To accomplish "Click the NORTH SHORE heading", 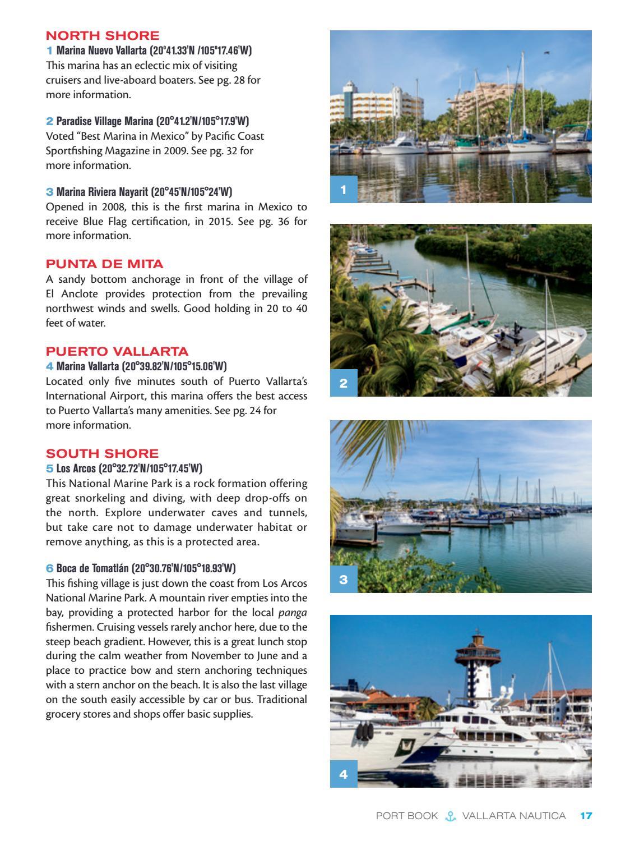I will coord(102,36).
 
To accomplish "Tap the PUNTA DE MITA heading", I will coord(104,264).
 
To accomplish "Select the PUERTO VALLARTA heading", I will coord(117,352).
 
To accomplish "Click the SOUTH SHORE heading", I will coord(102,453).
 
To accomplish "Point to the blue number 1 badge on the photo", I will coord(344,190).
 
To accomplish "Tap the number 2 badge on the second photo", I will coord(344,384).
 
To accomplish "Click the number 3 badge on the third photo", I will coord(344,580).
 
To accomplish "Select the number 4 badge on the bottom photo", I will coord(344,775).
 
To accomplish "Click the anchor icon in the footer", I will coord(450,816).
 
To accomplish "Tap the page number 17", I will coord(586,816).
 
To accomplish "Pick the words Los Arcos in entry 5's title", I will coord(76,468).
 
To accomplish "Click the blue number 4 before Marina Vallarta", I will coord(49,367).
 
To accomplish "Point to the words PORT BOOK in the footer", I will coord(406,816).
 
